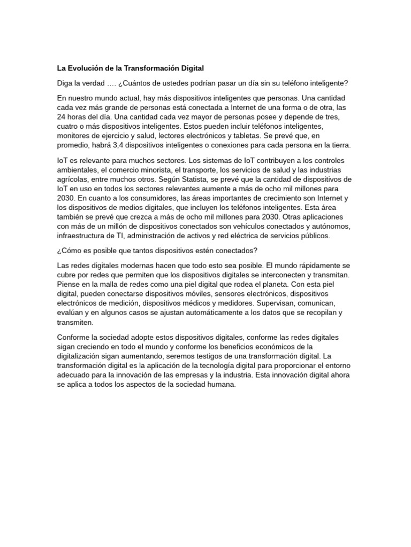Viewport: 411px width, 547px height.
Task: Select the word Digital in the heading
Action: coord(191,68)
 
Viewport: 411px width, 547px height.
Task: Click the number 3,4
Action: coord(119,145)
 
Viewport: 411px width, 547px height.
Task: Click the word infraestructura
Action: coord(83,236)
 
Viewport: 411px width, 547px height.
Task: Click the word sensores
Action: coord(235,294)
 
